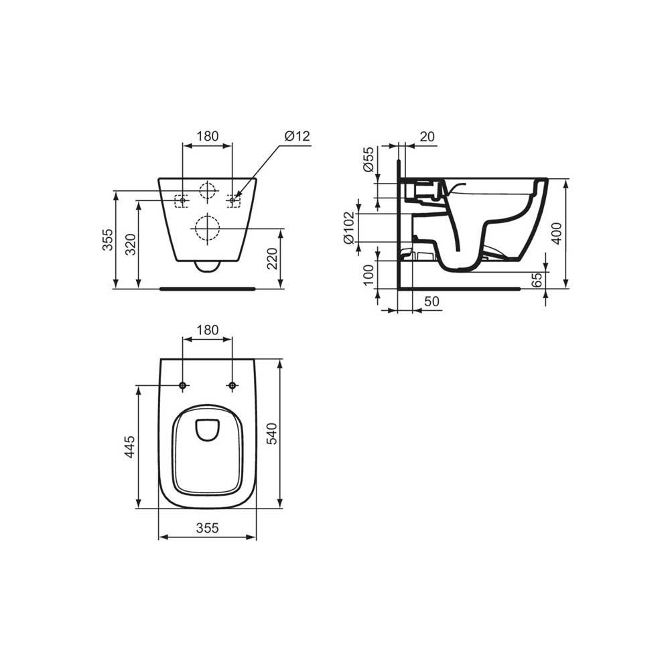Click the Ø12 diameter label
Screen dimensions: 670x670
click(x=297, y=136)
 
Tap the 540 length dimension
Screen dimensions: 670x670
click(x=272, y=433)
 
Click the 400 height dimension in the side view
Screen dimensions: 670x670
click(x=557, y=233)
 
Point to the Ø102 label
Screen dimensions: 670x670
click(x=349, y=228)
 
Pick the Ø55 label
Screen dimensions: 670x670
click(x=368, y=159)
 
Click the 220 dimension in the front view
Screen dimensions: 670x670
click(x=272, y=259)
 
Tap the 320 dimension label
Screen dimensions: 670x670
click(x=131, y=245)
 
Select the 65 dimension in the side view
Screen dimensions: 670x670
click(x=537, y=279)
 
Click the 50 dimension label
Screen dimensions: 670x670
click(x=432, y=301)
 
